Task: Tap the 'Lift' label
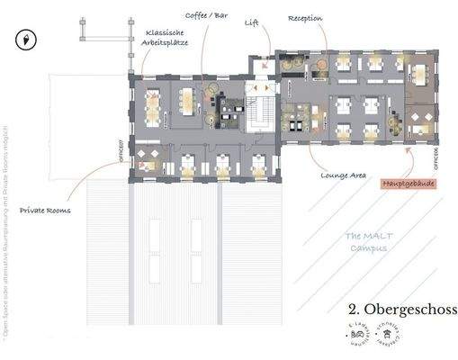tap(252, 23)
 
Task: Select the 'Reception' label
tap(306, 18)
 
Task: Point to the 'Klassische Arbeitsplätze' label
tap(166, 38)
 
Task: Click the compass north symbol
tap(26, 40)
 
